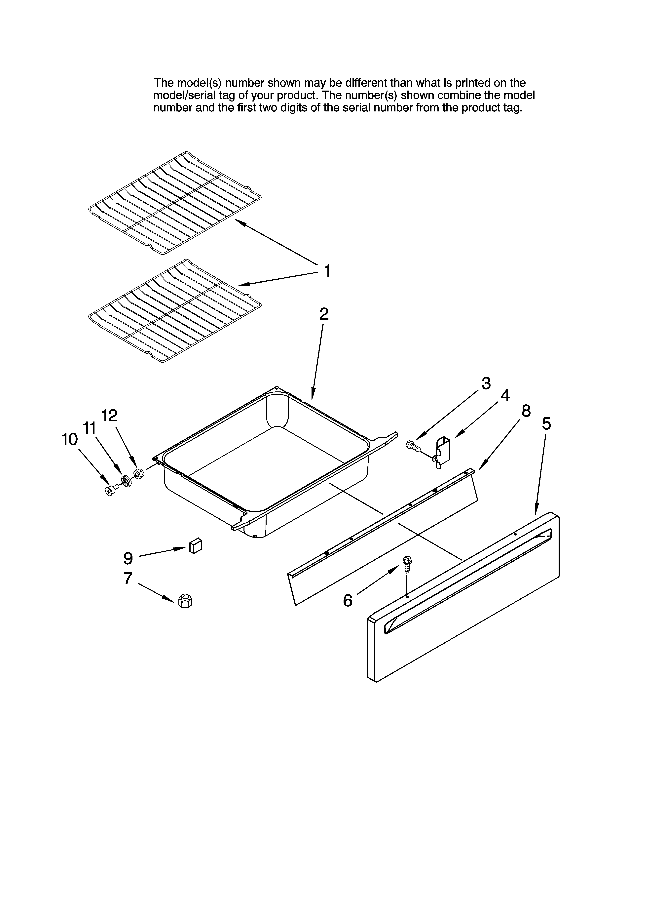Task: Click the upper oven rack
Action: click(174, 203)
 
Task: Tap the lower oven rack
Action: click(174, 310)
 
